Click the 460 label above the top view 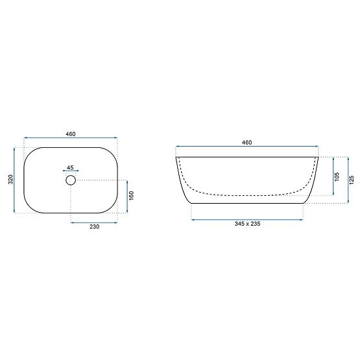point(71,134)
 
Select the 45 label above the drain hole point(70,167)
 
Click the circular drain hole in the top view point(71,180)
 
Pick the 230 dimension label point(93,228)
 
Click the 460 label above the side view point(246,143)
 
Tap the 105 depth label point(338,176)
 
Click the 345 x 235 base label point(246,224)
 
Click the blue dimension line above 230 point(93,222)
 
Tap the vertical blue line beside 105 point(333,176)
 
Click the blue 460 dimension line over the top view point(71,138)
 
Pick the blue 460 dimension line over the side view point(247,147)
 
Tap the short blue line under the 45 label point(71,171)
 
